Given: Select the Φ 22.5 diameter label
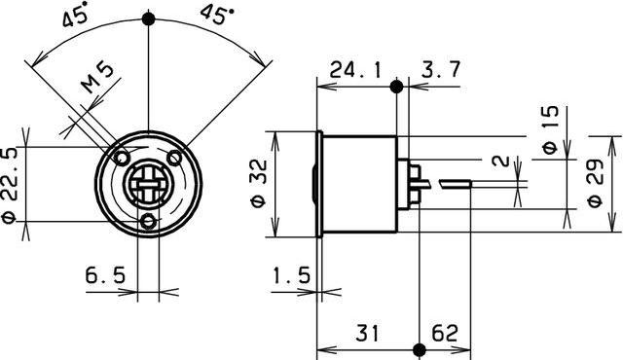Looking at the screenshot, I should pos(13,185).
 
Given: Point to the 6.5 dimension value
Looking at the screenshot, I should pos(104,277).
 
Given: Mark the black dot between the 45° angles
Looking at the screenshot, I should pos(148,18).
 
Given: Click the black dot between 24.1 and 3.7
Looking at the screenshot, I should pos(396,86).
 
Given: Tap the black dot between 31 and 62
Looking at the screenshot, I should pos(419,348).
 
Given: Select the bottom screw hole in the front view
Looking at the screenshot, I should pos(148,222).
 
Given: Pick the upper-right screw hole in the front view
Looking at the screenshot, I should pos(174,158).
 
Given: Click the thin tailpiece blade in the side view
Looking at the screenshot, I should pos(456,182).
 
